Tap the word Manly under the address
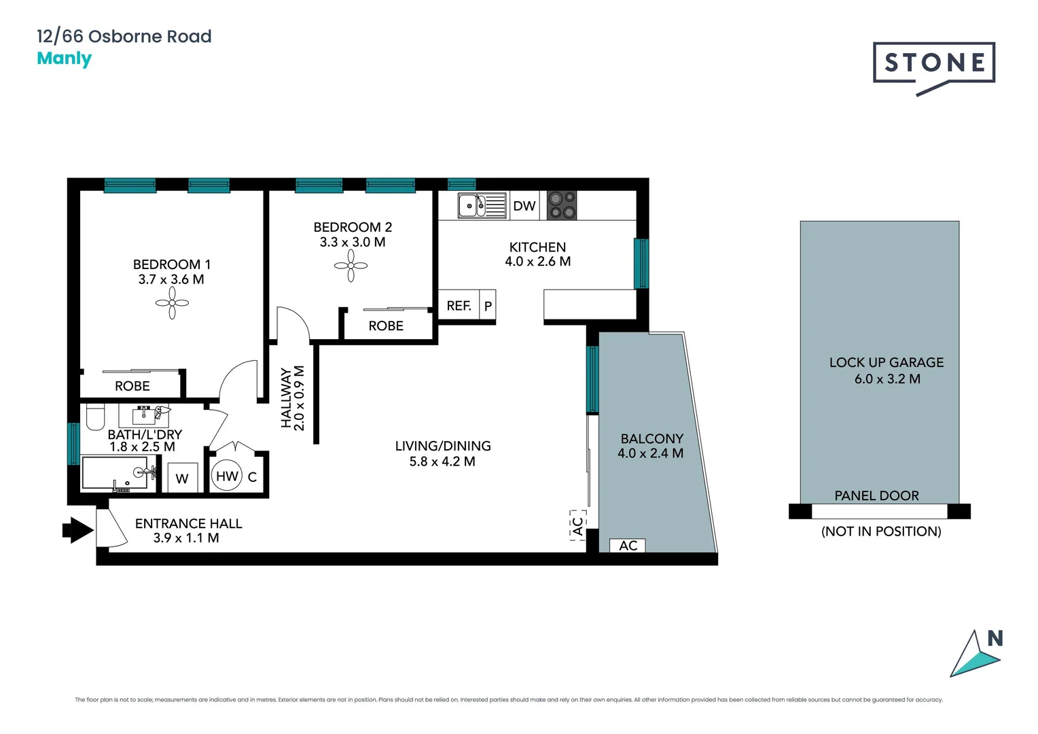[64, 58]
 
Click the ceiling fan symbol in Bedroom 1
[173, 303]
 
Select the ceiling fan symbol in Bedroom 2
[351, 266]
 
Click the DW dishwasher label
[524, 206]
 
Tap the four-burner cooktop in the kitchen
[562, 205]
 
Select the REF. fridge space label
[459, 306]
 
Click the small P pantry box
[488, 307]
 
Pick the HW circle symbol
[227, 476]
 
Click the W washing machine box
[182, 478]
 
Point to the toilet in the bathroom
[95, 416]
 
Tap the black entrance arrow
[77, 529]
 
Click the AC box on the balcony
[628, 546]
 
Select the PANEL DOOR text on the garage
[876, 495]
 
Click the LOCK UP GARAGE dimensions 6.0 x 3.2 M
[887, 379]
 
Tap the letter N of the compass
[995, 638]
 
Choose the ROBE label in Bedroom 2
[386, 326]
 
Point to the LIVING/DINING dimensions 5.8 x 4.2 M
[442, 461]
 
